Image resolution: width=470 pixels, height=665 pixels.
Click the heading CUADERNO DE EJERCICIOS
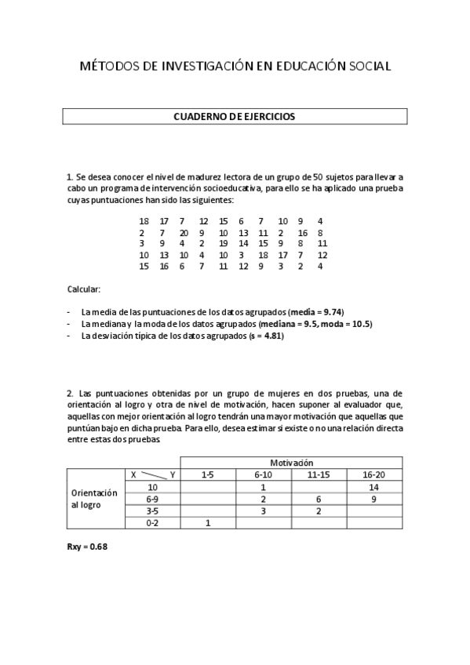click(235, 116)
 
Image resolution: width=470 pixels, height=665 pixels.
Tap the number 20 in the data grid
click(183, 233)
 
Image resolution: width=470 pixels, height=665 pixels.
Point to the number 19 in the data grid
click(223, 244)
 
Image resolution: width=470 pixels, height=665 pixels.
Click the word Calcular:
click(83, 289)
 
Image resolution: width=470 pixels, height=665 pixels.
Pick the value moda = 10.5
click(347, 323)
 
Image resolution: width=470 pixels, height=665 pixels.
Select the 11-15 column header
click(319, 474)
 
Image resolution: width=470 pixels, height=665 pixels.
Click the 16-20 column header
click(374, 474)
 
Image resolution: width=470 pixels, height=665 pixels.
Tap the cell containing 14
click(374, 487)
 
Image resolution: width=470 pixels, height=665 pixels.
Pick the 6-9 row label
click(153, 499)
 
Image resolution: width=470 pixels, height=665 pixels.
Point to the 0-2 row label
click(153, 522)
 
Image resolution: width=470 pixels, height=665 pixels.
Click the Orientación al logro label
click(94, 499)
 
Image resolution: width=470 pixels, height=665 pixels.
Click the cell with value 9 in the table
click(374, 499)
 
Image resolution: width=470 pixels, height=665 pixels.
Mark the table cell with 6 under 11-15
click(319, 499)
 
